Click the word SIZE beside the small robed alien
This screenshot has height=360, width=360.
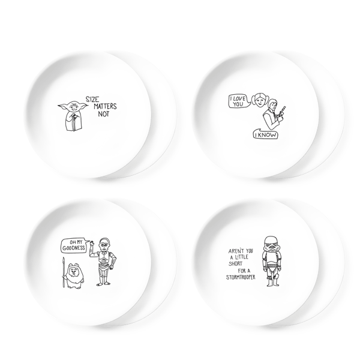pos(92,100)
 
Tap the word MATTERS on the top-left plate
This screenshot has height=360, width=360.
pos(105,106)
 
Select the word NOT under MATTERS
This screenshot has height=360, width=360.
pos(104,113)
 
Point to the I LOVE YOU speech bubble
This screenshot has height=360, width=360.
pos(239,101)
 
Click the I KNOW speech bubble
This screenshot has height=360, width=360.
pos(265,134)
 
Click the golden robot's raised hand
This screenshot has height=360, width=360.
pos(92,244)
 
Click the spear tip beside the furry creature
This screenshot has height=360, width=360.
pos(64,261)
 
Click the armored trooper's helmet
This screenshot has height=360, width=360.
pos(270,244)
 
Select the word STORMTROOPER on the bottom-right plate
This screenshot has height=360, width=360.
pos(241,277)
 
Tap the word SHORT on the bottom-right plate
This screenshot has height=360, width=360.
pos(235,263)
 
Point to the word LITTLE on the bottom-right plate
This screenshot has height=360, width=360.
pos(241,257)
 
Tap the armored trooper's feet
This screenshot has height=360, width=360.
pos(272,284)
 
